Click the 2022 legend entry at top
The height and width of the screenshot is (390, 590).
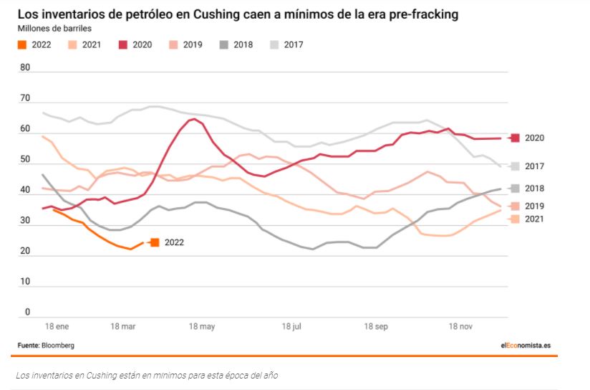[33, 44]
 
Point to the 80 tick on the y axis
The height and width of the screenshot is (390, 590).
[26, 68]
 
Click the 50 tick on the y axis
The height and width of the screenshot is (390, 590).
[26, 160]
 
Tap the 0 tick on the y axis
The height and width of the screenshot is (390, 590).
[28, 312]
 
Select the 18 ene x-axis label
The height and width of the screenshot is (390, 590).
[56, 327]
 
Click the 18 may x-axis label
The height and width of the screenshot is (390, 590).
[202, 327]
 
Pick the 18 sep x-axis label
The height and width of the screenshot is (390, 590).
[376, 327]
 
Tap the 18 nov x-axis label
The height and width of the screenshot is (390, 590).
[460, 327]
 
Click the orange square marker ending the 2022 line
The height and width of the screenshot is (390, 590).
[155, 242]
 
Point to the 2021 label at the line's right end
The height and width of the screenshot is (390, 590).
[535, 219]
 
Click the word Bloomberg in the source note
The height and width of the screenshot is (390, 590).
[58, 345]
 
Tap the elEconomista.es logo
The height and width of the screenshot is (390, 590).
[526, 345]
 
